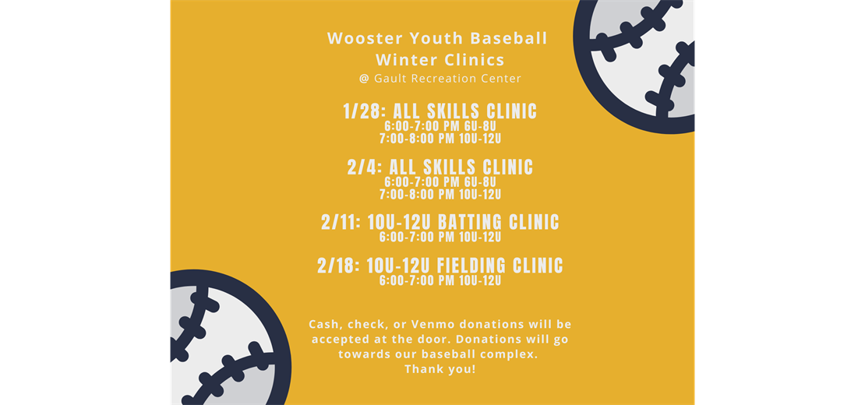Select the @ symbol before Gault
364,79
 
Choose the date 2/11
341,222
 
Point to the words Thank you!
440,369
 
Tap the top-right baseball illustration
634,67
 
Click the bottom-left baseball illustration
231,337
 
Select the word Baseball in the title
508,39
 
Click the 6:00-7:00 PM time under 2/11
417,238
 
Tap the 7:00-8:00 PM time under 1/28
417,139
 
